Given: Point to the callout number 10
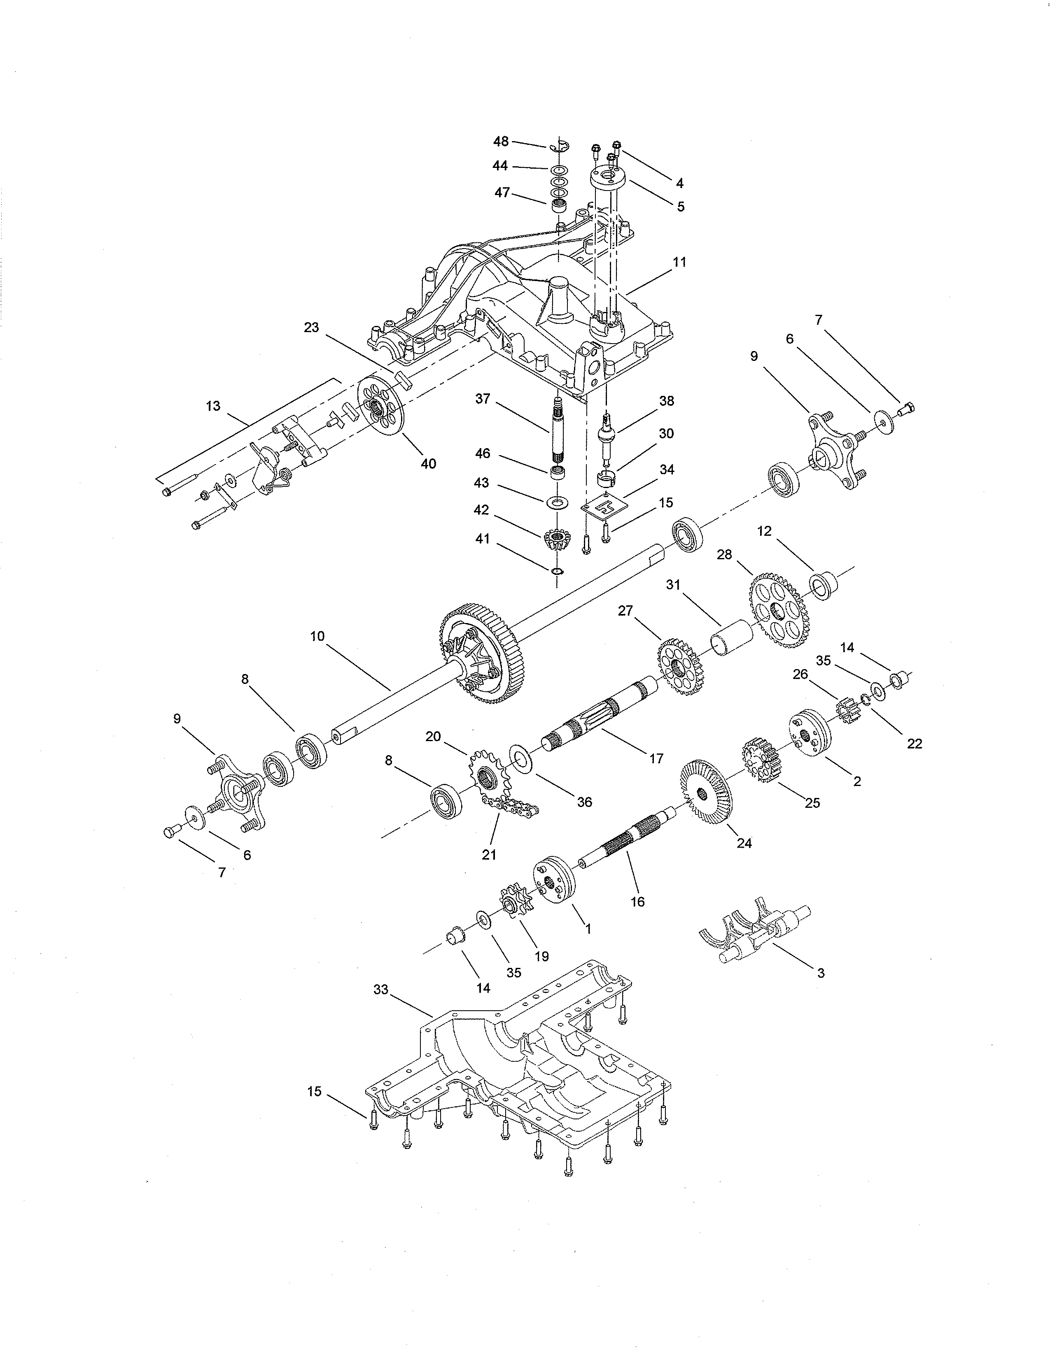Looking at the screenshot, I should pos(317,636).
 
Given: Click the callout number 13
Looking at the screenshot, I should pos(213,406).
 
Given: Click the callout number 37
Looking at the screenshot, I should pos(483,399).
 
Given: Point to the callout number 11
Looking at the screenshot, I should pos(680,263).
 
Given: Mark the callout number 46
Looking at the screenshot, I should pos(483,453).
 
